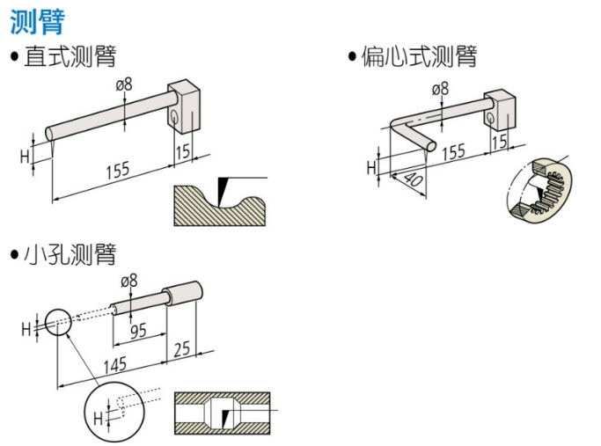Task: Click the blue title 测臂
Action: pos(37,22)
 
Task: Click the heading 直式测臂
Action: pos(70,56)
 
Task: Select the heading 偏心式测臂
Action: pos(420,56)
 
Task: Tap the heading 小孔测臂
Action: pos(70,254)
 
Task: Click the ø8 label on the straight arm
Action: pos(124,84)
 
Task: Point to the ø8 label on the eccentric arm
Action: pos(440,89)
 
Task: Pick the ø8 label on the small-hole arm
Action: pos(128,281)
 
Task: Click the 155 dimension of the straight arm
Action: pos(118,171)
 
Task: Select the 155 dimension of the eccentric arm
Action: pos(453,151)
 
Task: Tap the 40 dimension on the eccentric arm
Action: pos(414,179)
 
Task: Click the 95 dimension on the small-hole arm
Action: pos(138,331)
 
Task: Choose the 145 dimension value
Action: pos(115,365)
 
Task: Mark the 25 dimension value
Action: pos(181,349)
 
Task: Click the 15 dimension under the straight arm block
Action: pos(183,151)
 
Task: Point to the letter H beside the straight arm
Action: pos(25,157)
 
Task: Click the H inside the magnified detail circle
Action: pos(99,418)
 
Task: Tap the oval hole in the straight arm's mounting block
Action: pos(174,116)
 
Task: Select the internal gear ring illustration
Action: pos(539,189)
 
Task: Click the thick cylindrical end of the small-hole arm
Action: pos(182,293)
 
